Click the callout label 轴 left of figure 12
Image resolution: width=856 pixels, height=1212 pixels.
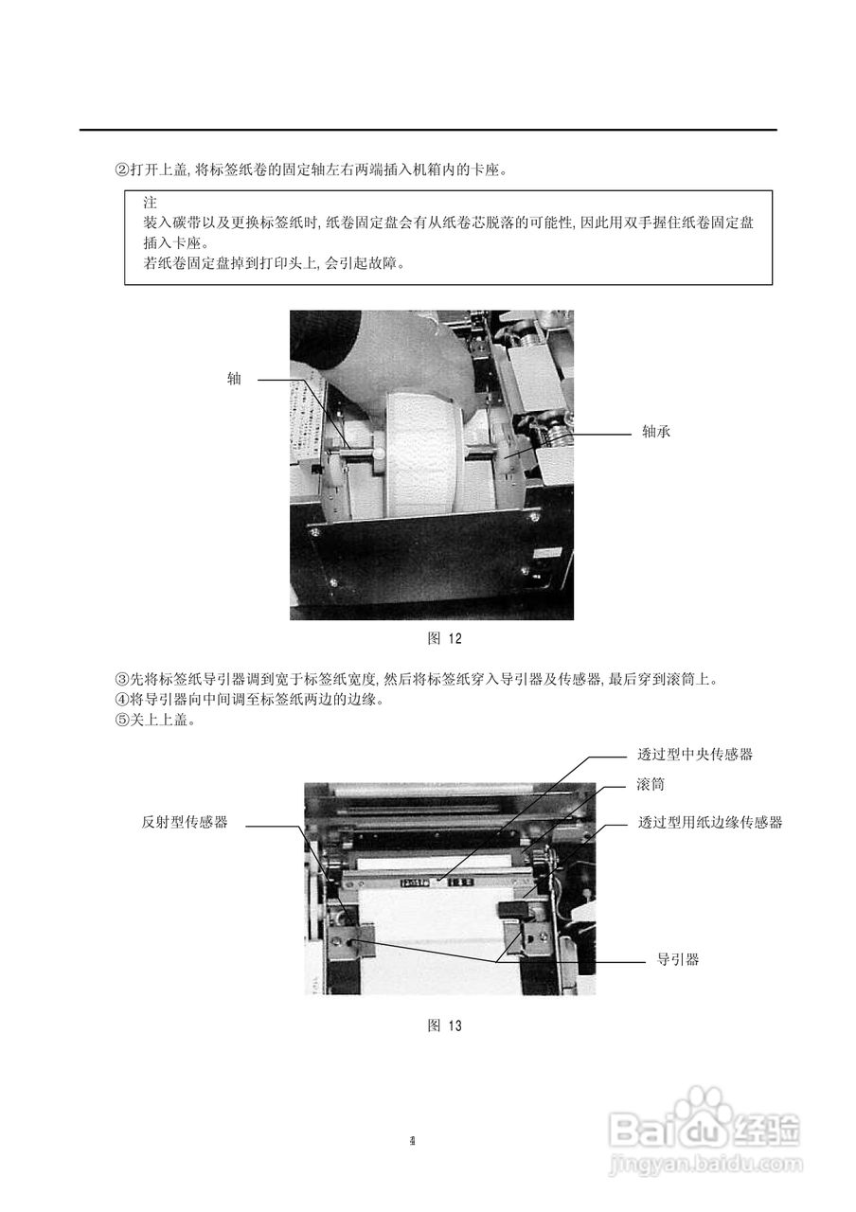tap(234, 380)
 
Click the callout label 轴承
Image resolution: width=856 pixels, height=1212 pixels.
tap(656, 432)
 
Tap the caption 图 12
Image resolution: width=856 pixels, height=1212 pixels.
tap(445, 638)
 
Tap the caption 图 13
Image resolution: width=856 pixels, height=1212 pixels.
tap(445, 1025)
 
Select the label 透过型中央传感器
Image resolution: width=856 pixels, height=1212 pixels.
tap(696, 755)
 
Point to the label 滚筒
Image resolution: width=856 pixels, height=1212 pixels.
tap(651, 787)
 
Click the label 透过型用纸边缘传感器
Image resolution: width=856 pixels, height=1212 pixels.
tap(710, 823)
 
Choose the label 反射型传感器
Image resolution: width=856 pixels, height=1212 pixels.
tap(185, 823)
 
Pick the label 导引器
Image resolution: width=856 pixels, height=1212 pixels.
tap(678, 959)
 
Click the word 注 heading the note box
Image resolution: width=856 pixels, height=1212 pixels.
tap(150, 203)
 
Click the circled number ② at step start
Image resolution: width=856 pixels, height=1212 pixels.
tap(121, 170)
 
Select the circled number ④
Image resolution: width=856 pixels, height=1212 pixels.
tap(121, 700)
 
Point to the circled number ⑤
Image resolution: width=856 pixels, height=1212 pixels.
tap(121, 721)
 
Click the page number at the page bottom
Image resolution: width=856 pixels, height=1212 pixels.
tap(413, 1140)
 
